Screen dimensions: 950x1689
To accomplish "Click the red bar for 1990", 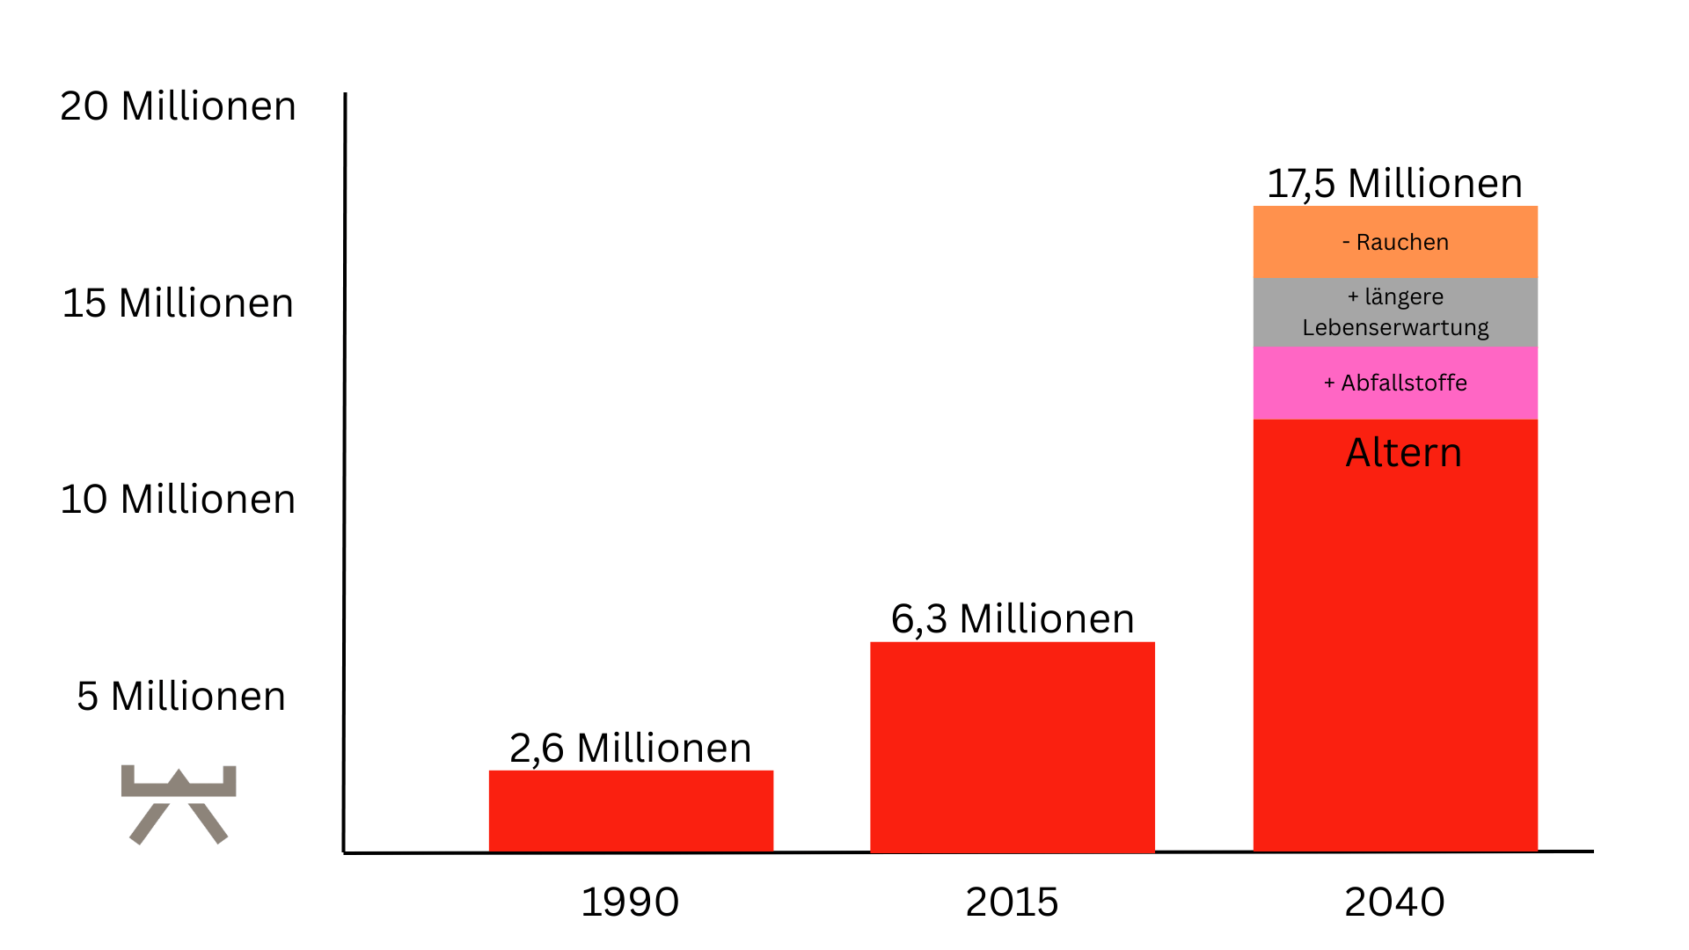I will coord(631,811).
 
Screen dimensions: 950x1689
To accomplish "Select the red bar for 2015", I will coord(1012,747).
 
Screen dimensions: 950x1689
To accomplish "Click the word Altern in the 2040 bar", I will coord(1404,453).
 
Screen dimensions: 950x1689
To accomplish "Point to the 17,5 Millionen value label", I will coord(1394,184).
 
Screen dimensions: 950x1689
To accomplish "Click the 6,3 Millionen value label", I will coord(1013,618).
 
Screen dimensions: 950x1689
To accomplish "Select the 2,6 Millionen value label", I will coord(631,748).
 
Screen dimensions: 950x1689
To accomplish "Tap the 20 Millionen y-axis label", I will coord(178,106).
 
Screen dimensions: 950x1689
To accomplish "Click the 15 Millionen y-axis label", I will coord(178,303).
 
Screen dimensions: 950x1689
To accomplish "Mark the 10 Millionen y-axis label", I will coord(178,500).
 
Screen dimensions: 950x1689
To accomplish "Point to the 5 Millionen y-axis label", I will coord(181,697).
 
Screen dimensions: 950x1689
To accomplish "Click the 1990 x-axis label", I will coord(630,902).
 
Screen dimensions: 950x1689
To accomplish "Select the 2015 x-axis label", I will coord(1012,902).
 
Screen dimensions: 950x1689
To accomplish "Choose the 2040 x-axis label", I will coord(1394,902).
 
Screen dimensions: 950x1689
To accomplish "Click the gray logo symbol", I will coord(179,804).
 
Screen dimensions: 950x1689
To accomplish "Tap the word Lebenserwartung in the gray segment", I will coord(1395,328).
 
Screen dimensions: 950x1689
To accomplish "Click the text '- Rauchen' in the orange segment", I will coord(1395,243).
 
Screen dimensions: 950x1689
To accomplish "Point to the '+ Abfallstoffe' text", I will coord(1395,384).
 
